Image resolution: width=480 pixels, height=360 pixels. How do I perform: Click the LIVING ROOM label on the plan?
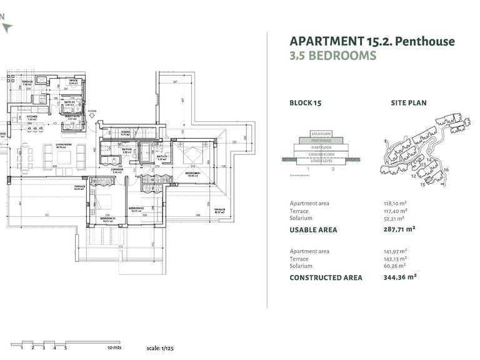(63, 145)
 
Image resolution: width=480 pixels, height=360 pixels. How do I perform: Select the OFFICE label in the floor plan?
(73, 81)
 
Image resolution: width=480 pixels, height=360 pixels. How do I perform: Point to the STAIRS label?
(126, 132)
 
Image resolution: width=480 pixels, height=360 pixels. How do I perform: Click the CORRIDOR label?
(117, 169)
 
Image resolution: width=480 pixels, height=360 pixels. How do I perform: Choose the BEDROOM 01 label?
(192, 174)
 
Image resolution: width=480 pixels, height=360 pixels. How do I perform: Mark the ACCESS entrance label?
(92, 111)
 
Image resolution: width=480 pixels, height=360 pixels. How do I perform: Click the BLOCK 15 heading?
(305, 103)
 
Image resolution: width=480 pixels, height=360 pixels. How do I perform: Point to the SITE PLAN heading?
(409, 103)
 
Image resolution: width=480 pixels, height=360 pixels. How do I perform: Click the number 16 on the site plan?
(446, 170)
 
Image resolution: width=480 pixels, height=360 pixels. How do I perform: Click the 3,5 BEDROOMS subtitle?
(332, 56)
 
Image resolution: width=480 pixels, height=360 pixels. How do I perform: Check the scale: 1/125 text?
(161, 347)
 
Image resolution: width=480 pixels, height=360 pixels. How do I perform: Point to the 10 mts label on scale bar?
(113, 347)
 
